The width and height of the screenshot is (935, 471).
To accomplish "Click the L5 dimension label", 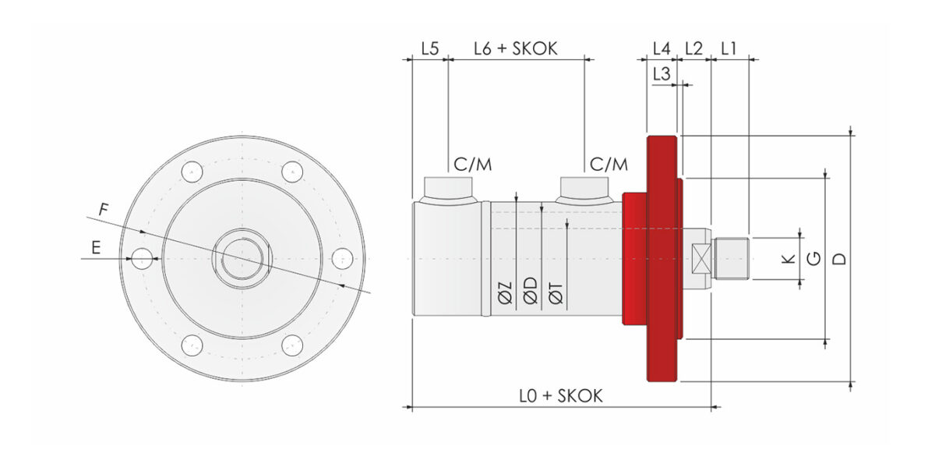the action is [430, 49].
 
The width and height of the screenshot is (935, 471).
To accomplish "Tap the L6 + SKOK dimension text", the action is [516, 49].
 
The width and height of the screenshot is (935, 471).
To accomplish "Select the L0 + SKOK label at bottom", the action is [561, 396].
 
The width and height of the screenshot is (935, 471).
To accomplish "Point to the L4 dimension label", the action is [662, 49].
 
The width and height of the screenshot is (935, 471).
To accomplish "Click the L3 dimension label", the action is [662, 74].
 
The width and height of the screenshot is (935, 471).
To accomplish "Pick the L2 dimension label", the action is [694, 49].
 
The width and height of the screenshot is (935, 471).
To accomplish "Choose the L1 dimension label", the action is [729, 49].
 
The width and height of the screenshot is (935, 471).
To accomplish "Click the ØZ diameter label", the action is [505, 292].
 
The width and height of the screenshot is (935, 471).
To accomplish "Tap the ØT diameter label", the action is [556, 292].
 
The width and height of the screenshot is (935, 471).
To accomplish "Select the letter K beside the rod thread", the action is [788, 259].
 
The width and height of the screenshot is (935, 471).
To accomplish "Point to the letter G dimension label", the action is [814, 259].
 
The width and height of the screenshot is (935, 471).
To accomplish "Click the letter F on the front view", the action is [104, 209].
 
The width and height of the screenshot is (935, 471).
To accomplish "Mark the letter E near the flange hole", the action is [96, 248].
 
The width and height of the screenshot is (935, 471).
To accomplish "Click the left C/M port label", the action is [472, 165].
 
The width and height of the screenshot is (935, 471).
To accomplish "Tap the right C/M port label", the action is [609, 165].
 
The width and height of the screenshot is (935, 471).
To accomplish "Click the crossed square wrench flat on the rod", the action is [700, 259].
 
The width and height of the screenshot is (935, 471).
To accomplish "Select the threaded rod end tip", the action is [732, 259].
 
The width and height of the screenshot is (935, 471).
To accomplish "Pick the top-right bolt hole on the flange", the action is [292, 172].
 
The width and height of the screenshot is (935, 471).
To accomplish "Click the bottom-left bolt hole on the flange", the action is [192, 345].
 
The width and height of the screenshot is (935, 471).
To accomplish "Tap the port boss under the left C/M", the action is [448, 190].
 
